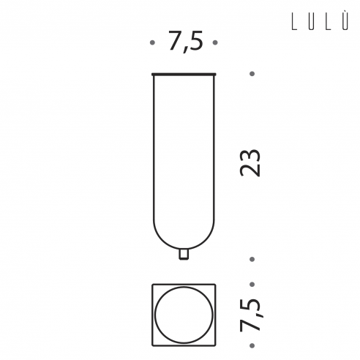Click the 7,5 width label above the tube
[186, 41]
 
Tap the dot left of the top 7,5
[152, 42]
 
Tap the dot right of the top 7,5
[215, 42]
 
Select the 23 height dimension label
[250, 162]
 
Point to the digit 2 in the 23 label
[250, 170]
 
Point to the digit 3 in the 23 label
[250, 156]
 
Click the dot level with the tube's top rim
[252, 74]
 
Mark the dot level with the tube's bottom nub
[252, 259]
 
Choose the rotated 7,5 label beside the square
[251, 315]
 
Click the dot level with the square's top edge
[252, 285]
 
